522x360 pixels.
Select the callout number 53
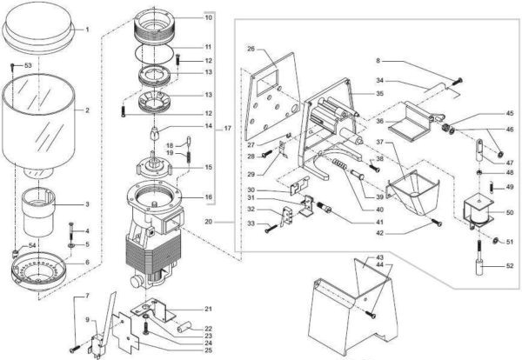coord(27,66)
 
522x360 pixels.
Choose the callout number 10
coord(208,17)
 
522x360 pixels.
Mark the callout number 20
coord(231,222)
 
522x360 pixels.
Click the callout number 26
coord(251,50)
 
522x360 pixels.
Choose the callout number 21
coord(208,309)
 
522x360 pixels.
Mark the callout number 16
coord(208,197)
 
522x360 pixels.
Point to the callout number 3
coord(86,205)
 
